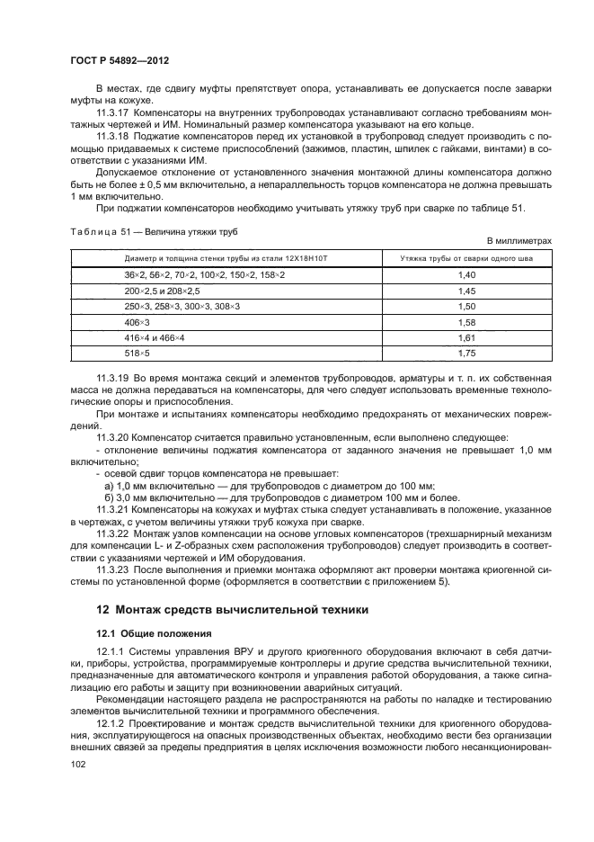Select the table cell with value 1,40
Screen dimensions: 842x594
[465, 273]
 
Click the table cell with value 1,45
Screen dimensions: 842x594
[465, 291]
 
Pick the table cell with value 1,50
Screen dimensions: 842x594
[465, 307]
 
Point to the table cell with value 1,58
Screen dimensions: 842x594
[465, 322]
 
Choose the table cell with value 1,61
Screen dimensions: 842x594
[465, 337]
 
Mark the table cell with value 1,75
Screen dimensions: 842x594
[465, 354]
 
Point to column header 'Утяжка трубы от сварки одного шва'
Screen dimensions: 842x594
[465, 258]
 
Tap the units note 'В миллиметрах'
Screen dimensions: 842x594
[518, 241]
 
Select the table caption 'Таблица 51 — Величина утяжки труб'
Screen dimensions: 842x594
[153, 231]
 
